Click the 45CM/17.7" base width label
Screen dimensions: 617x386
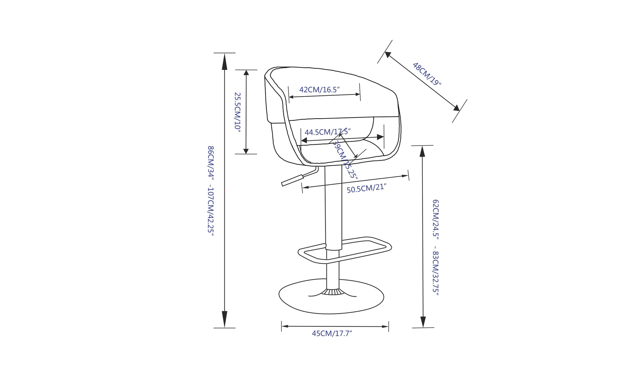pyautogui.click(x=332, y=333)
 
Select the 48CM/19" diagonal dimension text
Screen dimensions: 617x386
pyautogui.click(x=427, y=74)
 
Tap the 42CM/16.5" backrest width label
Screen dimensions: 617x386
pyautogui.click(x=319, y=90)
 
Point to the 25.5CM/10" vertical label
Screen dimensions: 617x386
pyautogui.click(x=238, y=112)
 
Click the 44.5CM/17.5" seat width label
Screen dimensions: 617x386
pyautogui.click(x=327, y=132)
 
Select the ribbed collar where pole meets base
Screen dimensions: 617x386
pyautogui.click(x=333, y=292)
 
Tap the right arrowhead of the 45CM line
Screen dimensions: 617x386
pyautogui.click(x=385, y=327)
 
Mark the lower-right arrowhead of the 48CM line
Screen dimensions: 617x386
pyautogui.click(x=456, y=108)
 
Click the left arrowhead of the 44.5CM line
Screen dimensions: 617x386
pyautogui.click(x=304, y=140)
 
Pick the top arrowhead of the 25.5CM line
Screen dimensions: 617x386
pyautogui.click(x=246, y=72)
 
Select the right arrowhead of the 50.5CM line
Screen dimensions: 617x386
pyautogui.click(x=405, y=176)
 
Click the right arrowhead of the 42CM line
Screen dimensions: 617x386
pyautogui.click(x=358, y=94)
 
